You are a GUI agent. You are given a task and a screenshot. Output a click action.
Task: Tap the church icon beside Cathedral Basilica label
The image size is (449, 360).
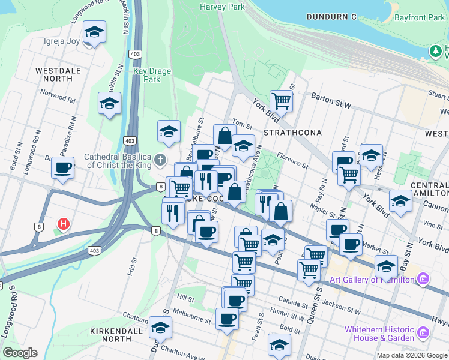point(159,160)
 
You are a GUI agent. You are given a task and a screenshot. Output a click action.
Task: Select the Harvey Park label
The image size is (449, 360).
point(223,7)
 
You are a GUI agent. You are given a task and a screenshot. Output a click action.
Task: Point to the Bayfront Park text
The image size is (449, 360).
point(420,17)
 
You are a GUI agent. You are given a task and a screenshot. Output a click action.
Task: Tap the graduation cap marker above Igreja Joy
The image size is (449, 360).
point(94,31)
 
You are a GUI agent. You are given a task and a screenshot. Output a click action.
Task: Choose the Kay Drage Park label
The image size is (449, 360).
point(152,75)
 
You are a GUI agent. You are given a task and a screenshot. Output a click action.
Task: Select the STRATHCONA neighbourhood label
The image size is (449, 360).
point(292,132)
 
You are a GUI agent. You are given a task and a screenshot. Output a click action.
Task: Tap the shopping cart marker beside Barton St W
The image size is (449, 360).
point(281,100)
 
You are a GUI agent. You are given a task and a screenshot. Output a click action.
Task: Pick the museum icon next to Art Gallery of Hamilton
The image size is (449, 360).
point(423,279)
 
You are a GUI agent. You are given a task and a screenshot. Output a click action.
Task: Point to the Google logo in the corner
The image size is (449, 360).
point(20,352)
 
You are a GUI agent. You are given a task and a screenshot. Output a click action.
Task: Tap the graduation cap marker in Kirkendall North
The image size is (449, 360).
point(160,328)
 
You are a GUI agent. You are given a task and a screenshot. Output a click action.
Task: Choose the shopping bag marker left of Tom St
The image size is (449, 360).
point(224,136)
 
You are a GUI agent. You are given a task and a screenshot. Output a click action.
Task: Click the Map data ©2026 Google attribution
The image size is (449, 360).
point(412,355)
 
